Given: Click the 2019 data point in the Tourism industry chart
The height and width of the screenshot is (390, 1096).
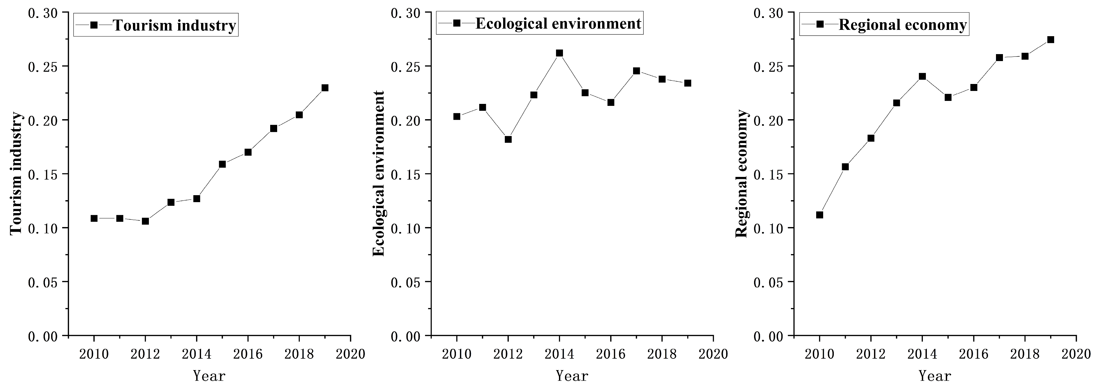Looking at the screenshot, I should [325, 88].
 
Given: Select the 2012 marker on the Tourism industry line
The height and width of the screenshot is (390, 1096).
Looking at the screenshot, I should [145, 221].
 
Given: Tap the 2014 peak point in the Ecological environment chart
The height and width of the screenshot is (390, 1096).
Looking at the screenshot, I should [560, 53].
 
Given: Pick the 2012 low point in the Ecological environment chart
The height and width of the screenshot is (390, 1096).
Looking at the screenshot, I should [508, 139].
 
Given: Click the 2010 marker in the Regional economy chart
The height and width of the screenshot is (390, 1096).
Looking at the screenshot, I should [820, 215].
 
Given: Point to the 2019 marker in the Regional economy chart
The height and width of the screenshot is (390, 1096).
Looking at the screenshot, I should [1050, 39].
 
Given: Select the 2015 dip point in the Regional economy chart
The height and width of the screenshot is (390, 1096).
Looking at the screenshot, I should [948, 97].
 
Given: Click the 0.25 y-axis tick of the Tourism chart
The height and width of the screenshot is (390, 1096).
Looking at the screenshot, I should [43, 67].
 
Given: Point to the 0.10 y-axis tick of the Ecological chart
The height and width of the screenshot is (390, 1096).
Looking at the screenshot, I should [405, 228].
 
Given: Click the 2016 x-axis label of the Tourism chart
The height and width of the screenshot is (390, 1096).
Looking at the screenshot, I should [248, 354].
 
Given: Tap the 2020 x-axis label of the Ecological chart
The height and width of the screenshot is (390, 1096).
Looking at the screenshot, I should [713, 354].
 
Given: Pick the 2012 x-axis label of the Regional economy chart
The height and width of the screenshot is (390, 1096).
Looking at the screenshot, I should [871, 354].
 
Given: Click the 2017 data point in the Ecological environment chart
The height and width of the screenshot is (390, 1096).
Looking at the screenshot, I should [636, 71].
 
